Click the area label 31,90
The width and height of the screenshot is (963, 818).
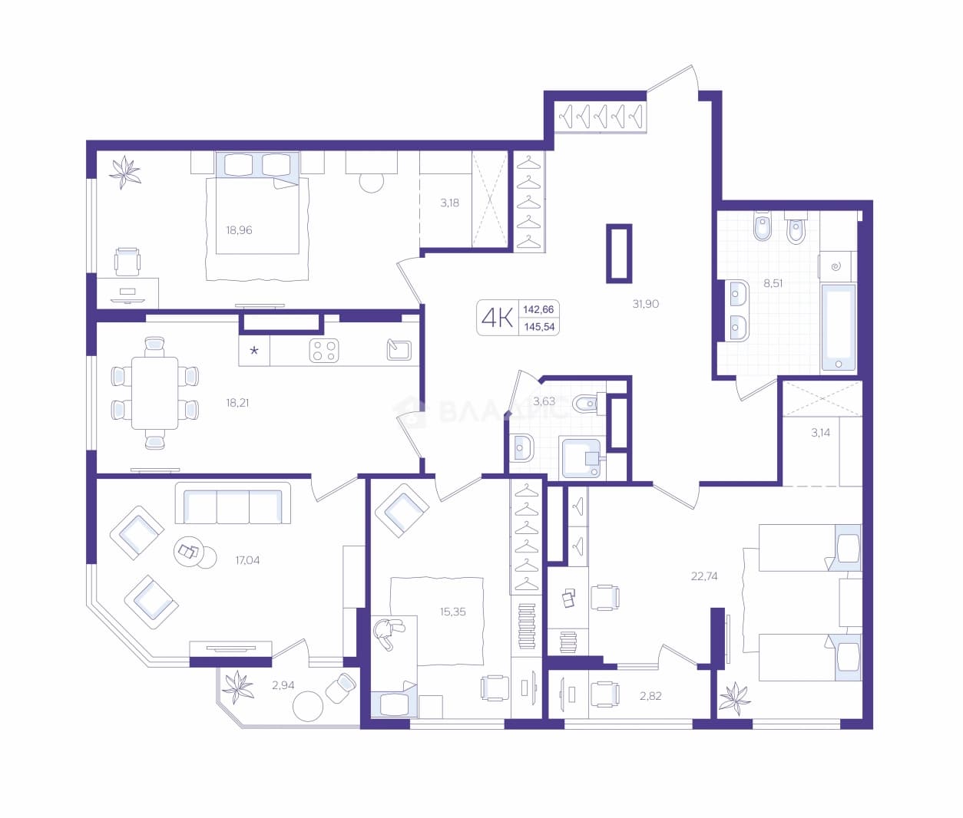(x=645, y=304)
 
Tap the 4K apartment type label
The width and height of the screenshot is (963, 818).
(x=497, y=318)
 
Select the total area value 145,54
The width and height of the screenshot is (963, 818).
(x=539, y=327)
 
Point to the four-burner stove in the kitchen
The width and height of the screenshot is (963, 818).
(x=324, y=351)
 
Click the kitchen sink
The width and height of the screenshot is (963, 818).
(x=399, y=350)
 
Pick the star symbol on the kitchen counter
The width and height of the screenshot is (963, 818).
(x=254, y=350)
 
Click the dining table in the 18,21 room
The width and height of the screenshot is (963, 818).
(x=154, y=393)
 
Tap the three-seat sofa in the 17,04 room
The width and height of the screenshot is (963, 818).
(x=233, y=503)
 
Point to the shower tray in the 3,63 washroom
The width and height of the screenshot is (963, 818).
(x=582, y=457)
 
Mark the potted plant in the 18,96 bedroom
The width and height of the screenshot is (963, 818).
(x=125, y=172)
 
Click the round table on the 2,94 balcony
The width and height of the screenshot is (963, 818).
(x=307, y=706)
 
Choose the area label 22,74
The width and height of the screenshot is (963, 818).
(x=704, y=576)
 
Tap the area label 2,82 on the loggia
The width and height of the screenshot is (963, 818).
(x=650, y=696)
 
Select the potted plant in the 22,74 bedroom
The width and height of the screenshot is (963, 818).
(x=735, y=699)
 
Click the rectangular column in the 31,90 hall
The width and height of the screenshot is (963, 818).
(x=619, y=253)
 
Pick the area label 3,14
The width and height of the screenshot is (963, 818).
(x=820, y=433)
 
